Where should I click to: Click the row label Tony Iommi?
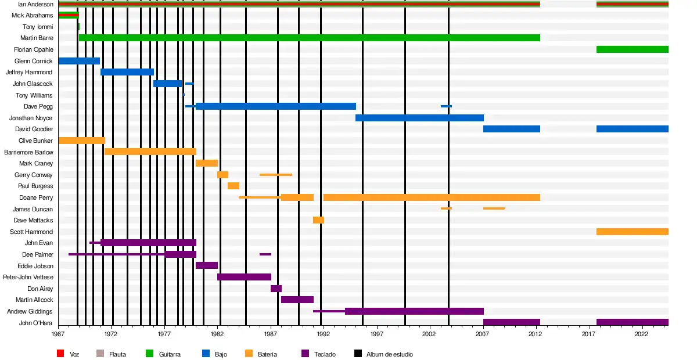tap(38, 27)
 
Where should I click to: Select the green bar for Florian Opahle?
tap(632, 49)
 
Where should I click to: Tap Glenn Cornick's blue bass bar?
tap(79, 61)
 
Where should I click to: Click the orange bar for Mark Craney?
tap(207, 163)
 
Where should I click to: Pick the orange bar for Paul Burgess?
tap(233, 186)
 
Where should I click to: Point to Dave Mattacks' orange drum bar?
tap(318, 220)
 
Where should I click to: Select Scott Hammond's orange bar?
tap(632, 232)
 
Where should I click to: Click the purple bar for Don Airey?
tap(276, 289)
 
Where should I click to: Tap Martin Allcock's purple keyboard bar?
tap(297, 300)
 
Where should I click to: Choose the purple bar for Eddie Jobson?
tap(207, 265)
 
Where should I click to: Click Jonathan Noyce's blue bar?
tap(419, 118)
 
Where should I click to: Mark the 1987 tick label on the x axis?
tap(271, 334)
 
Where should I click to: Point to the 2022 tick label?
tap(642, 334)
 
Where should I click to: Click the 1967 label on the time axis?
tap(58, 334)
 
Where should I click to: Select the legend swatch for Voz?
tap(60, 354)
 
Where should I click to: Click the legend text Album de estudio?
tap(389, 354)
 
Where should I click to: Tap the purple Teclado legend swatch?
tap(306, 354)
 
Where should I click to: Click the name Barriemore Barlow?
tap(28, 152)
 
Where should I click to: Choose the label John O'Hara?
tap(36, 322)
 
